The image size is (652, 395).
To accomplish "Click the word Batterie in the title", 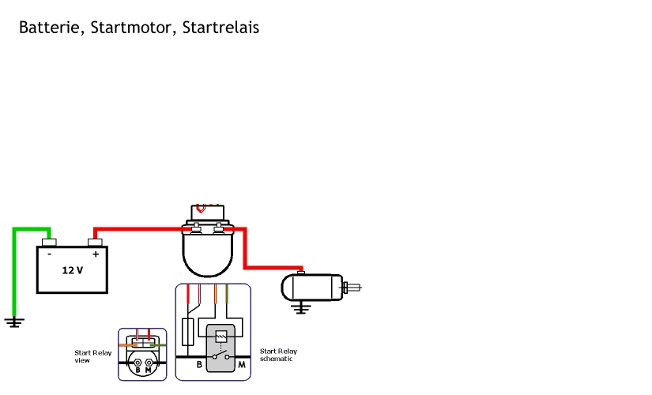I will point(49,28).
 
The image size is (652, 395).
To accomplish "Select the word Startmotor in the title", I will point(132,28).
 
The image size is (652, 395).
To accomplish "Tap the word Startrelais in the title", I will point(220,28).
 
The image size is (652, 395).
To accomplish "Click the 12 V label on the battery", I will point(72,270).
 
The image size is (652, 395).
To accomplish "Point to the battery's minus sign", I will point(49,254).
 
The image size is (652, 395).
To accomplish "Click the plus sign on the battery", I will point(96,254).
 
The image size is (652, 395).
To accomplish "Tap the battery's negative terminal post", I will point(49,242).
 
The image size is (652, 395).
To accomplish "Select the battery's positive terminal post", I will point(96,242).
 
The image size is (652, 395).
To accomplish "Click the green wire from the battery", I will point(14,269).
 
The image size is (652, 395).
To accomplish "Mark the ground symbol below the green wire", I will point(14,322).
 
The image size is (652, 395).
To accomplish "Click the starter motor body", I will point(313,288).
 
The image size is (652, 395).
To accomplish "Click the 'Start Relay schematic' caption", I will point(278,355).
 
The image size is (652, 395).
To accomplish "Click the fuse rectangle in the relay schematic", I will point(188,333).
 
